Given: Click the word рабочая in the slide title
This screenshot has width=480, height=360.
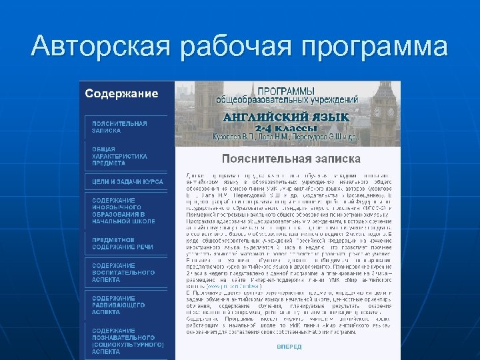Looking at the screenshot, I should tap(229, 46).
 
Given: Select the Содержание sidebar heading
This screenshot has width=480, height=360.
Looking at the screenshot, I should tap(121, 93).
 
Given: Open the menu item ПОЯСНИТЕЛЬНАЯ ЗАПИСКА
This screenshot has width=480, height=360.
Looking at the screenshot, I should tap(120, 127).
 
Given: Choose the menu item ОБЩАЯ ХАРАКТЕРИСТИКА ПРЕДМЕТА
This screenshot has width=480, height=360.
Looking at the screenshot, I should tap(120, 155).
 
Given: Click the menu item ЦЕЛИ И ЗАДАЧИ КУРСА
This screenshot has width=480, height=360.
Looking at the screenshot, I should tap(127, 181).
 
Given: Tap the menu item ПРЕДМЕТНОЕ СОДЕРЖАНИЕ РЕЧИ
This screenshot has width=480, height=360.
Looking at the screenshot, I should tap(123, 243).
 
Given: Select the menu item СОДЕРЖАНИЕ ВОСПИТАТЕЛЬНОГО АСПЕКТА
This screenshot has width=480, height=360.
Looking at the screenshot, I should tap(123, 272).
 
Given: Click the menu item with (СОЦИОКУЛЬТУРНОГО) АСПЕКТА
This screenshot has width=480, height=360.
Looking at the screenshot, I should tap(127, 341).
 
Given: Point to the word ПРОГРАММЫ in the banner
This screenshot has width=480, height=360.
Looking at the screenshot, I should tap(286, 89).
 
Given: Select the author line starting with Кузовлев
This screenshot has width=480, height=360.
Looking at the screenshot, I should tap(286, 138).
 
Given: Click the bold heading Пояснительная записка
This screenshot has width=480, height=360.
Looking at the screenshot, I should tap(291, 159).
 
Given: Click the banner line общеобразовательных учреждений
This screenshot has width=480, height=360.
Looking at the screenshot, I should tap(287, 99).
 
